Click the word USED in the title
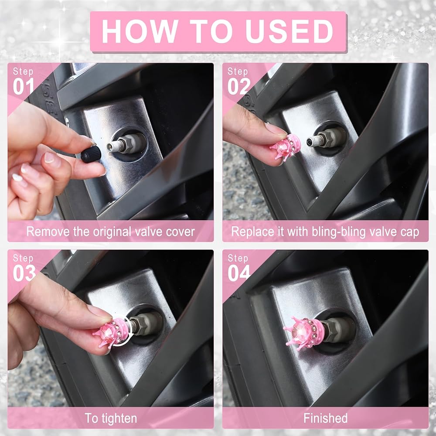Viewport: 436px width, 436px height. click(x=289, y=31)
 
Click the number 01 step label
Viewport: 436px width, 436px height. click(x=24, y=86)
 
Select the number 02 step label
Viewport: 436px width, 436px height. click(x=238, y=86)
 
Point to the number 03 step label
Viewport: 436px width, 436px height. click(x=24, y=273)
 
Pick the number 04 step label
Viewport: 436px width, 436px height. click(x=239, y=273)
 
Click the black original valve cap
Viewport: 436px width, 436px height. click(x=91, y=154)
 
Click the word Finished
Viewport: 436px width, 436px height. click(x=325, y=418)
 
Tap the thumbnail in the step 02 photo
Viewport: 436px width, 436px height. click(x=275, y=129)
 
